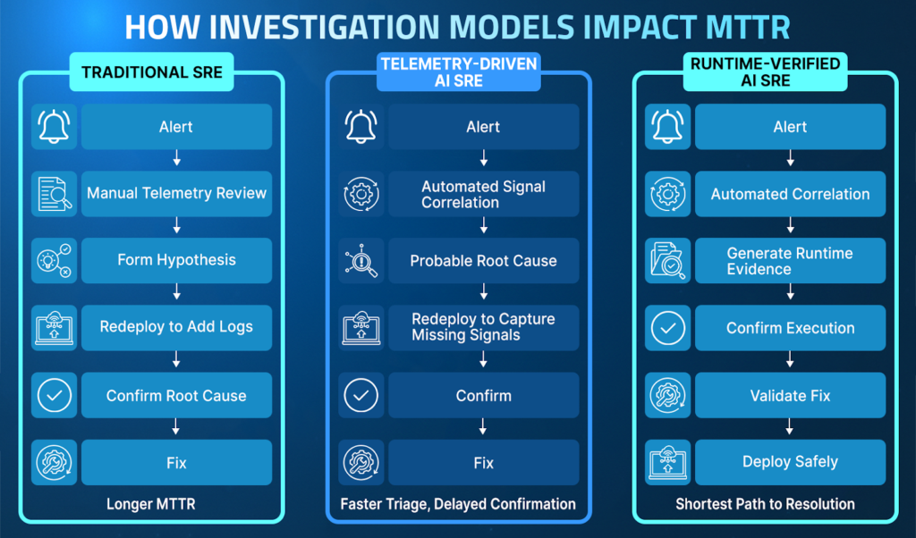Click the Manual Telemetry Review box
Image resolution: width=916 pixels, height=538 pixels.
click(x=176, y=194)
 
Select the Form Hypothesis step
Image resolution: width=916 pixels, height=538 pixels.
click(x=176, y=260)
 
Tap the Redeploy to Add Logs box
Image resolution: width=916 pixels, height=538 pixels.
click(x=176, y=327)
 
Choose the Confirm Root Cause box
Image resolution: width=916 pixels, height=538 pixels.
click(x=176, y=395)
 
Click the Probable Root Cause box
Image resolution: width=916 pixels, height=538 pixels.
click(x=484, y=260)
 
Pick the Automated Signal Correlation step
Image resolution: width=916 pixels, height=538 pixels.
click(x=484, y=194)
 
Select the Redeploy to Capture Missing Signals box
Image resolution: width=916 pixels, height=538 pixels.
click(x=484, y=327)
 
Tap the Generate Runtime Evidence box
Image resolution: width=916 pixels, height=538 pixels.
click(x=791, y=260)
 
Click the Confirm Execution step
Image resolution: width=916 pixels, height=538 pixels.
click(x=791, y=327)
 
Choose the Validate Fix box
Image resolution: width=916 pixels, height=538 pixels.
click(x=791, y=395)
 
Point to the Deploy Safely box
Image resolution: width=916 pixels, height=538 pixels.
click(x=791, y=462)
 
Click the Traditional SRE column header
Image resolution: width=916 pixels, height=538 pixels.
click(x=152, y=71)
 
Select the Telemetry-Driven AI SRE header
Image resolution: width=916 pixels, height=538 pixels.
click(x=459, y=71)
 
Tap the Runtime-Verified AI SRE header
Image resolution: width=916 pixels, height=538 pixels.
click(x=766, y=71)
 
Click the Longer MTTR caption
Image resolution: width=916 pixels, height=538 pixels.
click(x=150, y=504)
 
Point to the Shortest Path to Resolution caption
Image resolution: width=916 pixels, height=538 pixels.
click(x=766, y=504)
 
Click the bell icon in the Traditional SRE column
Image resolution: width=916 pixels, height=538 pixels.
click(x=55, y=127)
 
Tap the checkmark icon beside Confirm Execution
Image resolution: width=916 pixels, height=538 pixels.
click(x=667, y=327)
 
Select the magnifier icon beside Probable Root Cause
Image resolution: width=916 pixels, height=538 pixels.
click(x=361, y=260)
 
